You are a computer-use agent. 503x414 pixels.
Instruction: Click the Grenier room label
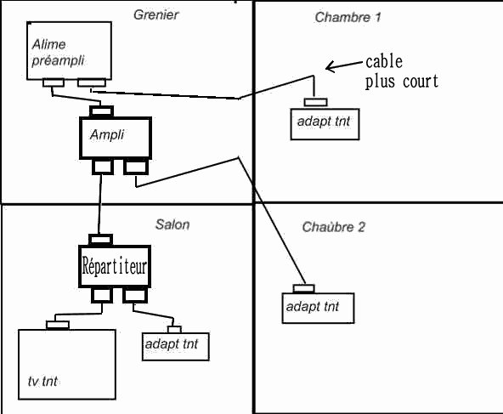pos(155,14)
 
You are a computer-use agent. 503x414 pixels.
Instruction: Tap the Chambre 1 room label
pos(348,17)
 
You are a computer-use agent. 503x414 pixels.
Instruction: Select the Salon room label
pos(172,224)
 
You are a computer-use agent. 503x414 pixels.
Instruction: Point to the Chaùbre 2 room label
pos(334,227)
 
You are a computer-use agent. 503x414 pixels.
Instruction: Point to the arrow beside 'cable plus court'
pos(345,65)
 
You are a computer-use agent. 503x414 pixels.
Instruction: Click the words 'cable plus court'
pos(402,72)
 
